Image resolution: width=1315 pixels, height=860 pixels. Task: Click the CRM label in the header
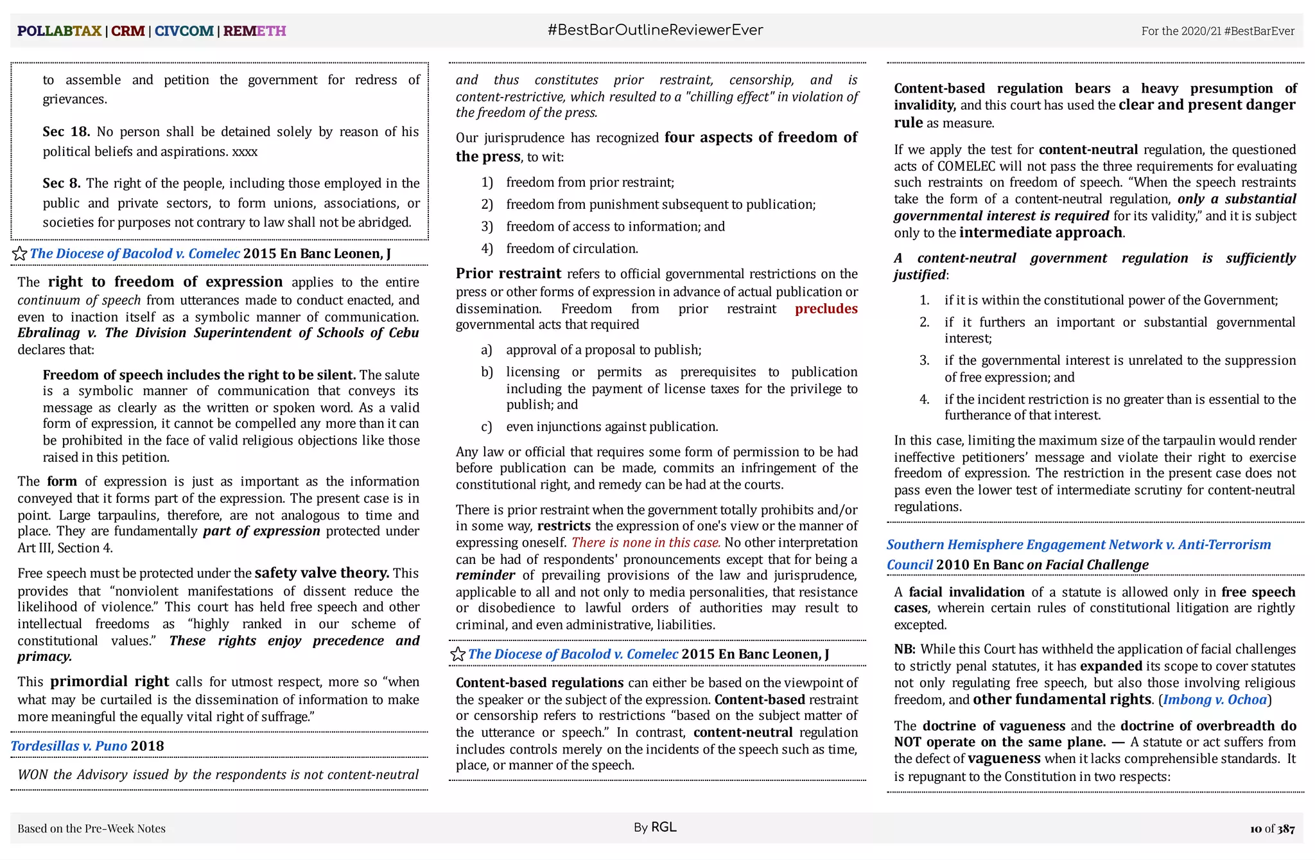coord(128,31)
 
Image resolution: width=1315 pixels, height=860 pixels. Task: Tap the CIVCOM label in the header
coord(184,31)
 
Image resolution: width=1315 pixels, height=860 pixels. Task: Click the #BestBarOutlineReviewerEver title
coord(655,30)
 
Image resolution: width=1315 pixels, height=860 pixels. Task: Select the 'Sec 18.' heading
coord(66,132)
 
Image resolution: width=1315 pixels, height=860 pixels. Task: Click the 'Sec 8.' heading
coord(62,183)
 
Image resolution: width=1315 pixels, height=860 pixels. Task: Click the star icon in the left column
coord(20,254)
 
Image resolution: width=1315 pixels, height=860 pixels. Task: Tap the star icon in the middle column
coord(458,654)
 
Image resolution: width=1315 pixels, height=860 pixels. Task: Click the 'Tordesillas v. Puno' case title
coord(69,746)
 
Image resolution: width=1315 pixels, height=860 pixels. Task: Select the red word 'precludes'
coord(826,309)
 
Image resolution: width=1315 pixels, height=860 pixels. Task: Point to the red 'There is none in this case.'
coord(646,543)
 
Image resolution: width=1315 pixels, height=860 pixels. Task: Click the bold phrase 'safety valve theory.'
coord(322,573)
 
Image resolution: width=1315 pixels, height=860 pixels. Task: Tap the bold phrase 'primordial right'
coord(110,681)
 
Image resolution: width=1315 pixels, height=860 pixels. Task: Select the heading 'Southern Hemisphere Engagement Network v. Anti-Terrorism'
coord(1079,545)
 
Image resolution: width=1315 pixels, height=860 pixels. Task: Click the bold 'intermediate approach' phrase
coord(1040,233)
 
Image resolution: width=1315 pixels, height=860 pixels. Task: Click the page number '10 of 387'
coord(1272,829)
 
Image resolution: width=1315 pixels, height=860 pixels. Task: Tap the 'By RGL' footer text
coord(655,827)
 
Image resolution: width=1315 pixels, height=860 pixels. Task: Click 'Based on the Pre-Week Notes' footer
coord(91,829)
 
